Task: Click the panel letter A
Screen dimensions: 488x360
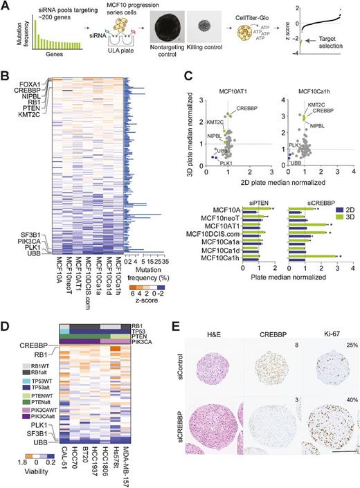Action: coord(6,6)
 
